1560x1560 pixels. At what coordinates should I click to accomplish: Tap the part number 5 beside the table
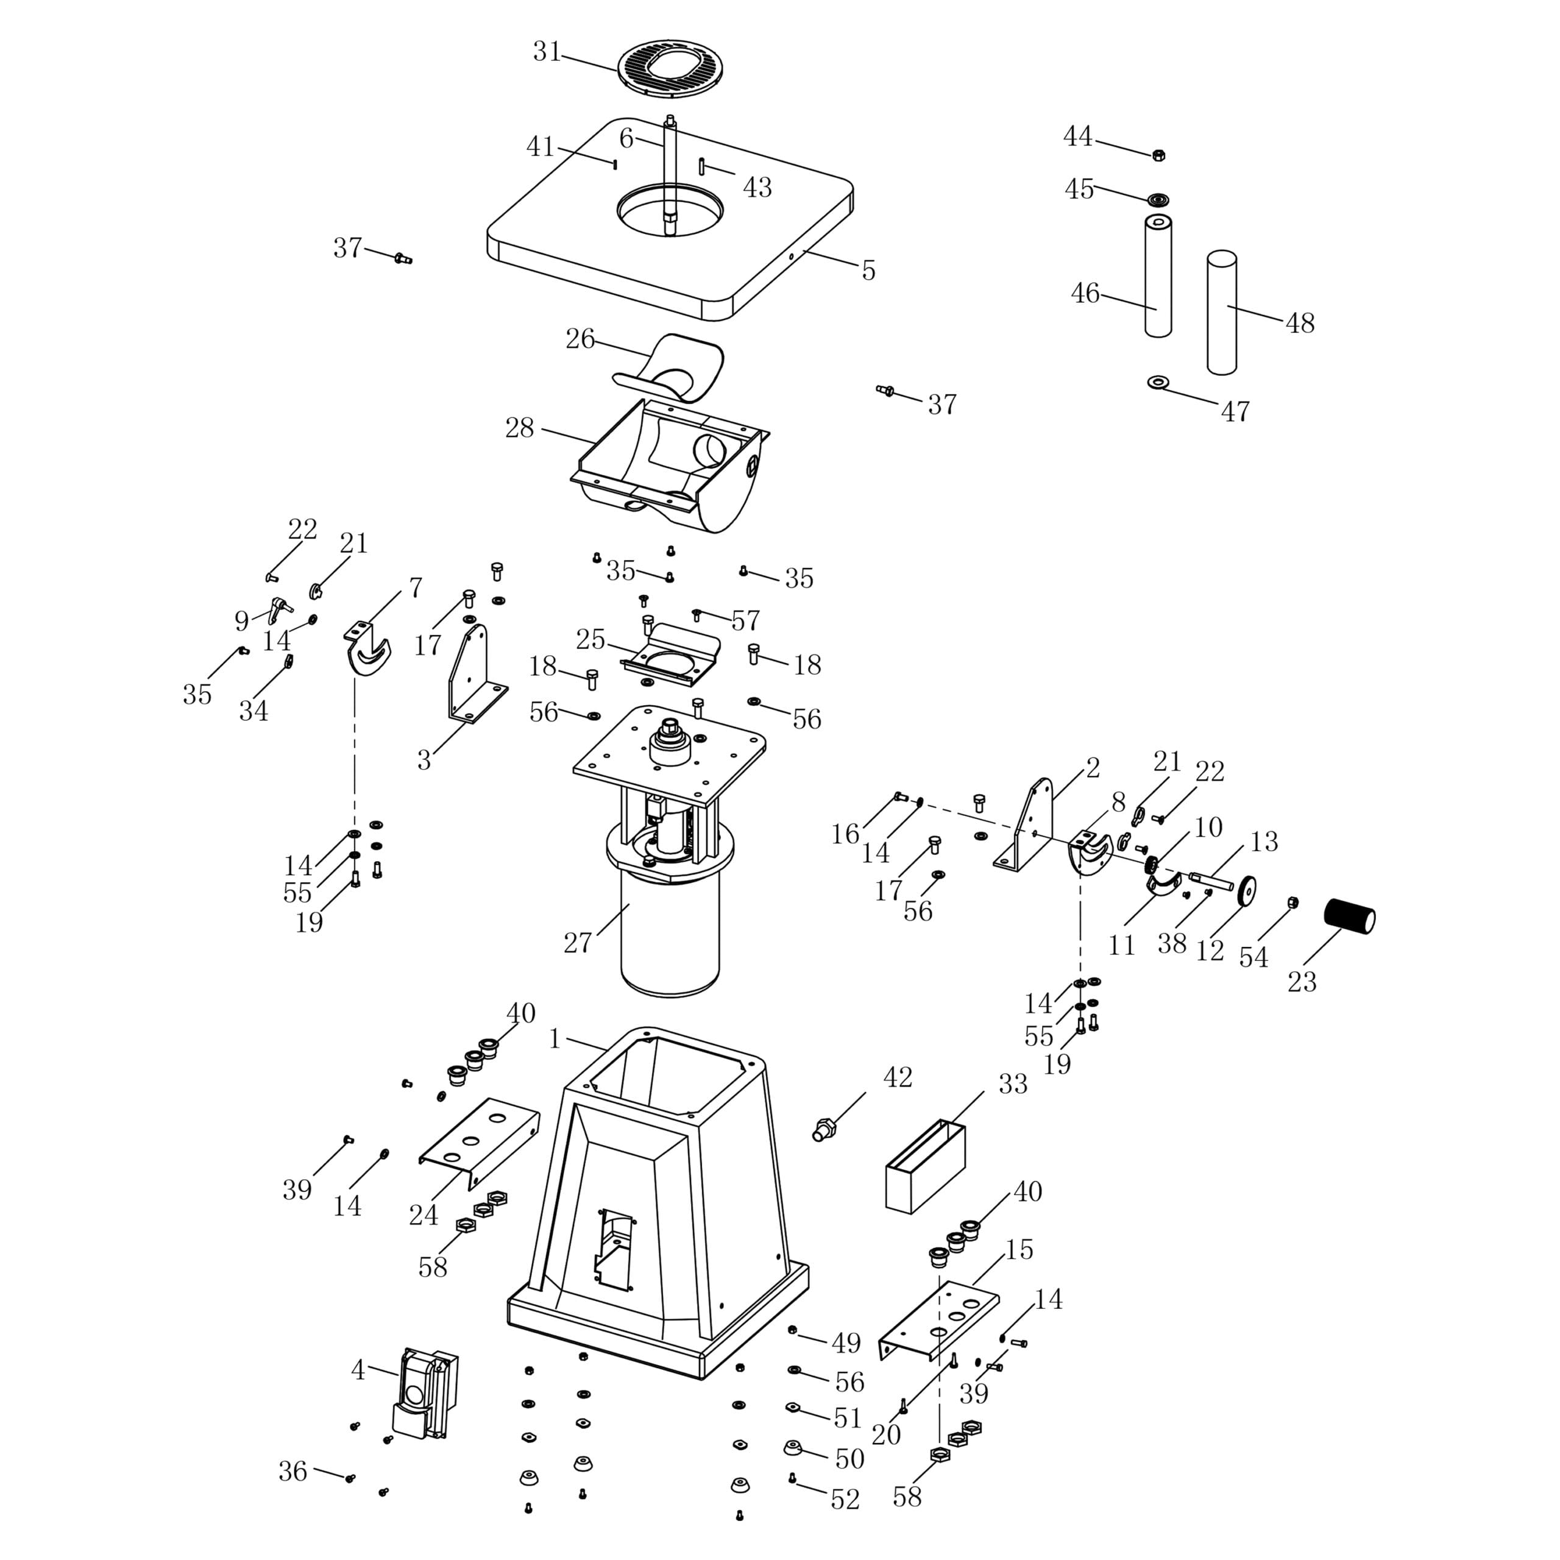(x=868, y=271)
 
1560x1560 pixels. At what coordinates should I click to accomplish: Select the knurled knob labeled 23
(x=1349, y=916)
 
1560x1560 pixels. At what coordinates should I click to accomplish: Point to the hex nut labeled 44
(x=1158, y=154)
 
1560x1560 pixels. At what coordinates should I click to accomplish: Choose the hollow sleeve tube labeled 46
(x=1158, y=275)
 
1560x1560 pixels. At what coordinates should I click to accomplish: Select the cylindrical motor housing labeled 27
(x=669, y=929)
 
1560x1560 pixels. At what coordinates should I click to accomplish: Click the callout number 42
(x=898, y=1077)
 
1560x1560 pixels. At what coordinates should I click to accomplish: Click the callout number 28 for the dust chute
(x=520, y=428)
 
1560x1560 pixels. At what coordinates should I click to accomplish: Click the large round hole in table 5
(x=670, y=209)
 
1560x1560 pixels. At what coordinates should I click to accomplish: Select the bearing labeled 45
(x=1160, y=199)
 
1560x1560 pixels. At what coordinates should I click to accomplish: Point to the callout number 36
(x=293, y=1471)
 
